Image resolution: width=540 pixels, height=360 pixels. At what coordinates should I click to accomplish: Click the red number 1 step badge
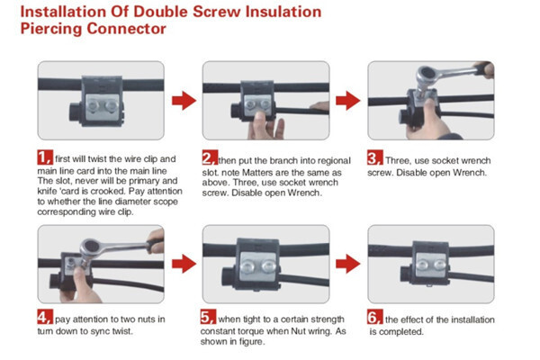45,157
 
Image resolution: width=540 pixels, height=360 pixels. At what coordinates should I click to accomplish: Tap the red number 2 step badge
210,157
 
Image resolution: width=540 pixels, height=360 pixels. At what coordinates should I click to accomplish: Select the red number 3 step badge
374,157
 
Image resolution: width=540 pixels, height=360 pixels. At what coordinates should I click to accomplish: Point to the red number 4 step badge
45,317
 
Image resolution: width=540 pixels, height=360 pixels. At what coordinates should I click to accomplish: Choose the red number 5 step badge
209,317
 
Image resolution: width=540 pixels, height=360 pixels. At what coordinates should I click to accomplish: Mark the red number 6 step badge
374,317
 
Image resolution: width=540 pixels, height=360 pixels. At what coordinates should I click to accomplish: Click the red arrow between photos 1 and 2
184,101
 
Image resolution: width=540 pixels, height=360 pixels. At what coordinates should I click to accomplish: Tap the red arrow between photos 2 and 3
348,101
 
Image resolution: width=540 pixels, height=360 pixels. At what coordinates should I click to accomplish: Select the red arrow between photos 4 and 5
184,264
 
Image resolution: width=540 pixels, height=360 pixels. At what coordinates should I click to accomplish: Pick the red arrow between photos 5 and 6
348,264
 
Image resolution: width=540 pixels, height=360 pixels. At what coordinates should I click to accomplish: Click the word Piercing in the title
52,29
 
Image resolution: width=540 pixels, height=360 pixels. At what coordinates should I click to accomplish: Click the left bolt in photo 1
93,105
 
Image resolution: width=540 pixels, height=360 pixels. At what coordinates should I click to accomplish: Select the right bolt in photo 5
268,266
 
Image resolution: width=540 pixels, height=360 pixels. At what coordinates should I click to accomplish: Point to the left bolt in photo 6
423,265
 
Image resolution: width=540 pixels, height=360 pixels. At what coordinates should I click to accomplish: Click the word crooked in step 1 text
111,191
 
